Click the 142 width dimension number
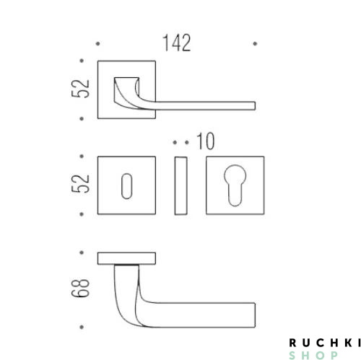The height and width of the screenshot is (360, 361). (x=177, y=43)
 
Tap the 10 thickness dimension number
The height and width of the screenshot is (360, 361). (x=205, y=141)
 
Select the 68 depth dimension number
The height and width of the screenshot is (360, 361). (x=80, y=289)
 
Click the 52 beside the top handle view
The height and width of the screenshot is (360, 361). (x=80, y=89)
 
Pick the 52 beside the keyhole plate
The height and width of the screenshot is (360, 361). (x=80, y=184)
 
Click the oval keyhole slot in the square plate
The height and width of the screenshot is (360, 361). (x=126, y=186)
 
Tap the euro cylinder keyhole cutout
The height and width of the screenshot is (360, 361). (x=235, y=185)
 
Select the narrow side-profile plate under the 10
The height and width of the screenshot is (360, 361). (x=180, y=185)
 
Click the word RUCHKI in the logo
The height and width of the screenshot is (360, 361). (x=325, y=343)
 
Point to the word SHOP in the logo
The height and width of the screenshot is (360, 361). (x=313, y=355)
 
